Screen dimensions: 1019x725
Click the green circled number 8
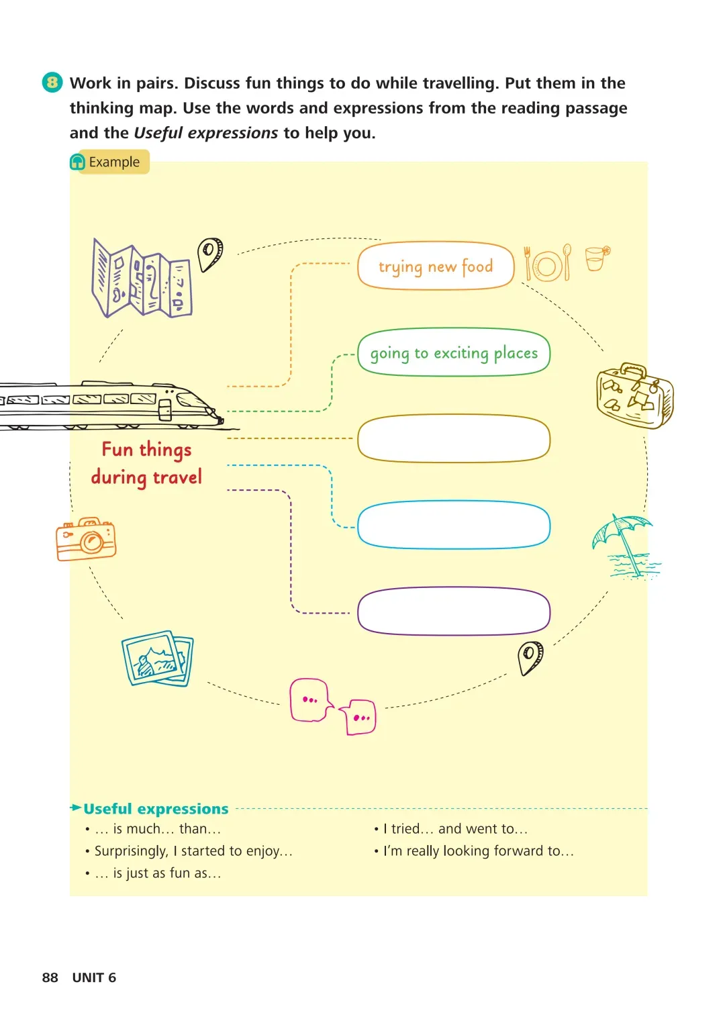(x=52, y=83)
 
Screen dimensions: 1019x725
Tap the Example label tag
(x=109, y=162)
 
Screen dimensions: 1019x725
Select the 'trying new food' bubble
(x=436, y=266)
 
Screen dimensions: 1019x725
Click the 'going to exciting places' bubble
(x=454, y=352)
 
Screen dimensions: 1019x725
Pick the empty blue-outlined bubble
(x=454, y=524)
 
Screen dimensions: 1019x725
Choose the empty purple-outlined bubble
(x=454, y=611)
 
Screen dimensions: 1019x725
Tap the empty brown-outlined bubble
(x=454, y=438)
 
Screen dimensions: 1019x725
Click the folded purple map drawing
(x=142, y=279)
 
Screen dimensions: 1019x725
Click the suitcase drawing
(x=634, y=395)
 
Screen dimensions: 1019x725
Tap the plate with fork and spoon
(x=548, y=264)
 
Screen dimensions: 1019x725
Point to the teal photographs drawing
(x=158, y=659)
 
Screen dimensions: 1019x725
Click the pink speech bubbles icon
(x=332, y=707)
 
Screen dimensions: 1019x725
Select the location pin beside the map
(x=210, y=253)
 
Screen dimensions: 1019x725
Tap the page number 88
(x=50, y=977)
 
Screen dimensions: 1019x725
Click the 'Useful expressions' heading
(x=156, y=809)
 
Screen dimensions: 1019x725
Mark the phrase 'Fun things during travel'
(x=147, y=463)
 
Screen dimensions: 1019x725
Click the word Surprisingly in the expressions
(x=131, y=851)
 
